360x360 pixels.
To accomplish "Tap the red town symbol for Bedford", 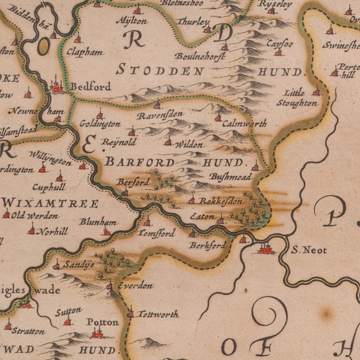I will (x=57, y=87).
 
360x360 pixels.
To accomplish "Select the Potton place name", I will (x=102, y=322).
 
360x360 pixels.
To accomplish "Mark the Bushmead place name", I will (x=231, y=175).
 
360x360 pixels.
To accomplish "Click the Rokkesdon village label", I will (x=220, y=201).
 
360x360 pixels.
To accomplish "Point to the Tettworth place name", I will (x=157, y=314).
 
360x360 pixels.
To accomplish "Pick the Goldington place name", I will (x=100, y=123).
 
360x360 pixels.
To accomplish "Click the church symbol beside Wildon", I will (x=168, y=141).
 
